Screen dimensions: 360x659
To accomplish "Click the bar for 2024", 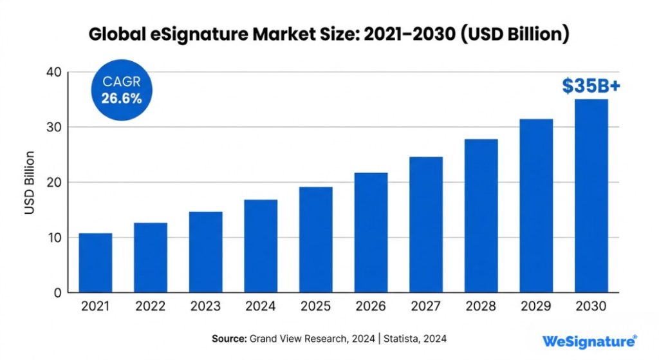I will tap(261, 246).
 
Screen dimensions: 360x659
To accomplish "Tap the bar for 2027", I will tap(426, 225).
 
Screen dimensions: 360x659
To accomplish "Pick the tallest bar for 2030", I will tap(591, 196).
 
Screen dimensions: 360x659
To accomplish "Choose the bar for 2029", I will tap(536, 206).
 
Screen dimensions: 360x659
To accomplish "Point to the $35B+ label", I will tap(591, 86).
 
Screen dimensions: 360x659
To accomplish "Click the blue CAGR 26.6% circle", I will tap(122, 91).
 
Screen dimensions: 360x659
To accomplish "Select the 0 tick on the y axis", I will tap(57, 292).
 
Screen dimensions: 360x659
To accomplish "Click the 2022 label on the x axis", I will tap(151, 307).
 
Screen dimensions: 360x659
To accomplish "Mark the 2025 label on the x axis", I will tap(315, 307).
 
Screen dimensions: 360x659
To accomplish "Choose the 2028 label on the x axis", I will tap(481, 307).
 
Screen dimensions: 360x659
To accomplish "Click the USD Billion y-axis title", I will tap(30, 182).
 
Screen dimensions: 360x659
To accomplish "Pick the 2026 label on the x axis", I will tap(371, 307).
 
